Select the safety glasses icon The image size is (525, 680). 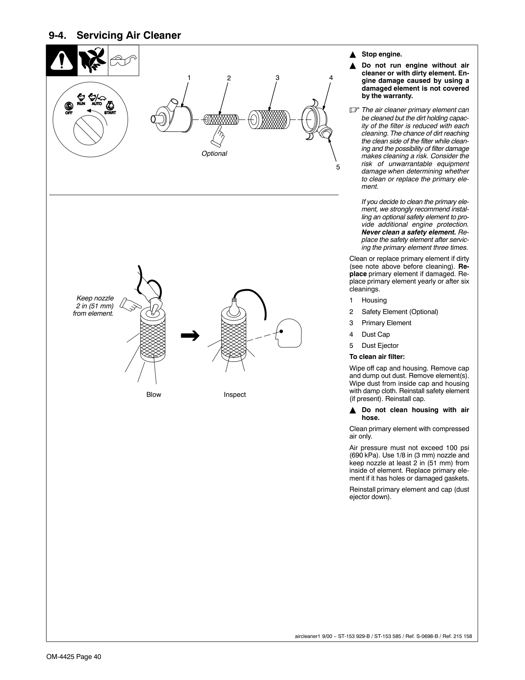123,61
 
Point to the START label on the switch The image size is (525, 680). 110,113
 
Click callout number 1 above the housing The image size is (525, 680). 189,77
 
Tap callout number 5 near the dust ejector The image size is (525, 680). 338,167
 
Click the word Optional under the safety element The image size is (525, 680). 214,153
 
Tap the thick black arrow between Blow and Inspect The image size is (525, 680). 190,336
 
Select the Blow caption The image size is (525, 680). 154,394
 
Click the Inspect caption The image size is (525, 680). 235,394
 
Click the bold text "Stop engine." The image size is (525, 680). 381,54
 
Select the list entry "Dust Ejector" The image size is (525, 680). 380,346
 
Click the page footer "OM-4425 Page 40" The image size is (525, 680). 74,657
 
